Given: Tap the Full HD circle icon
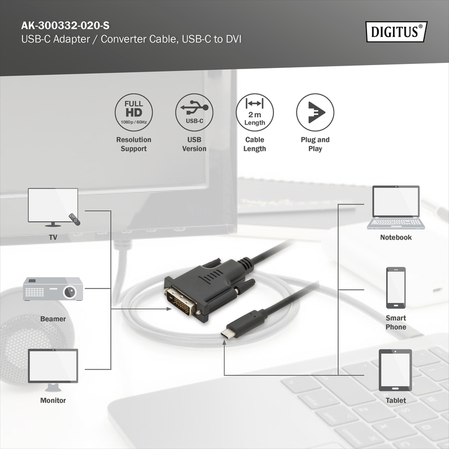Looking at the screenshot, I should (134, 111).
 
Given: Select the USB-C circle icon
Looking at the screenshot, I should (194, 111).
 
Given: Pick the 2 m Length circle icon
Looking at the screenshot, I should (255, 111).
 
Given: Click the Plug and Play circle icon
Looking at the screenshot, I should (315, 111).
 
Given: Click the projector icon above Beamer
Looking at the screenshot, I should (53, 290).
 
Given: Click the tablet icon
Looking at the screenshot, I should (396, 370).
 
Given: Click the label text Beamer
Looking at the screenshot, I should (53, 319).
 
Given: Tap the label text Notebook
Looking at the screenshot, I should (396, 237).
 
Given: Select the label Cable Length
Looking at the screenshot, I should (255, 144).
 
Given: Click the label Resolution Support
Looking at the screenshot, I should (134, 144).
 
